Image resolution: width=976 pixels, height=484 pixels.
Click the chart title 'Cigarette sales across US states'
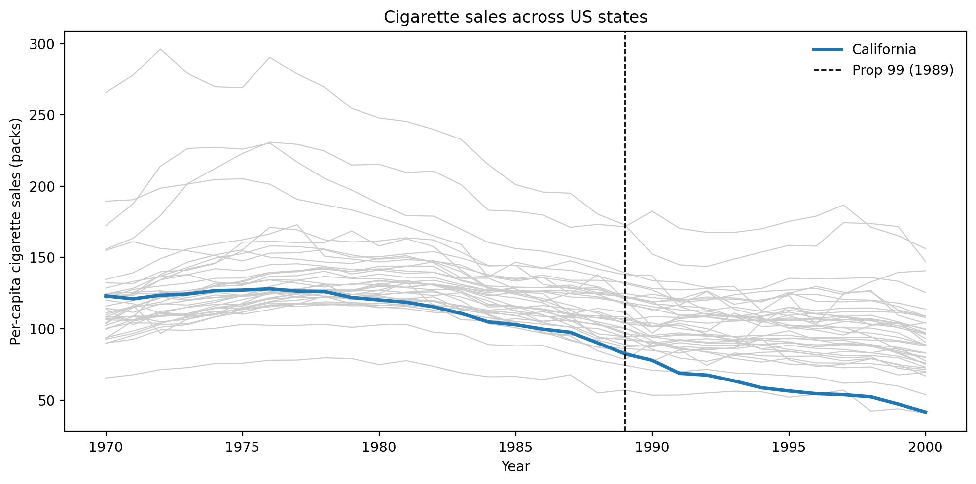pyautogui.click(x=515, y=17)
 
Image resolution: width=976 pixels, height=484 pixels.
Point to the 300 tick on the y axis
pyautogui.click(x=43, y=44)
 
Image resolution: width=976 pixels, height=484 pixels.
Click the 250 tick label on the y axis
pyautogui.click(x=43, y=115)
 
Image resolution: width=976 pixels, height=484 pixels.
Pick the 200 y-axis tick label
pyautogui.click(x=43, y=187)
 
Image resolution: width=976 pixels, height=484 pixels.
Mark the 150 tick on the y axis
pyautogui.click(x=43, y=258)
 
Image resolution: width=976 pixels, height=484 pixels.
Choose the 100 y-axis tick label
pyautogui.click(x=43, y=329)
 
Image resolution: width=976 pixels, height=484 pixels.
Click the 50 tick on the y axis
pyautogui.click(x=46, y=400)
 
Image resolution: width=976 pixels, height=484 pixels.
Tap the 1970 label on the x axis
pyautogui.click(x=106, y=448)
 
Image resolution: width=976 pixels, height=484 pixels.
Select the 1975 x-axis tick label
pyautogui.click(x=242, y=448)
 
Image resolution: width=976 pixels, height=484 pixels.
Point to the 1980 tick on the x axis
pyautogui.click(x=379, y=448)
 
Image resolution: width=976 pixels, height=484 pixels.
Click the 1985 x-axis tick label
pyautogui.click(x=515, y=448)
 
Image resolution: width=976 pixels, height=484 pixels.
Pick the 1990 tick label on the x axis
pyautogui.click(x=652, y=448)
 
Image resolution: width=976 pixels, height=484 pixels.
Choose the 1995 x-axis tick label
pyautogui.click(x=789, y=448)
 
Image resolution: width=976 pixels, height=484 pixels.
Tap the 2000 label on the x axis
pyautogui.click(x=925, y=448)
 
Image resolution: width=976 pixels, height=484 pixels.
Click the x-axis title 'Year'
pyautogui.click(x=515, y=466)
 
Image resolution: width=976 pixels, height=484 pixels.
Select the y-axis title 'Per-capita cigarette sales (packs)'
pyautogui.click(x=16, y=231)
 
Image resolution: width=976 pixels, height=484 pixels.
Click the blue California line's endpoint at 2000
pyautogui.click(x=925, y=412)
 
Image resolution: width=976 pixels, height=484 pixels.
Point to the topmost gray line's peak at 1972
pyautogui.click(x=160, y=49)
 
